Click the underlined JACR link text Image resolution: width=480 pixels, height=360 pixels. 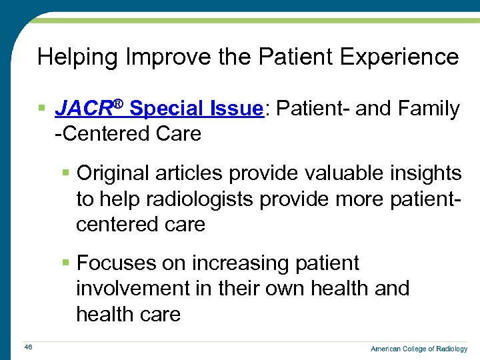(83, 109)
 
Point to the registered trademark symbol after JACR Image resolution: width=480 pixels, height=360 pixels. (118, 103)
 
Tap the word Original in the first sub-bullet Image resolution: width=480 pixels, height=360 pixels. (115, 174)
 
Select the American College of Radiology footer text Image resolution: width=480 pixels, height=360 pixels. (419, 349)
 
